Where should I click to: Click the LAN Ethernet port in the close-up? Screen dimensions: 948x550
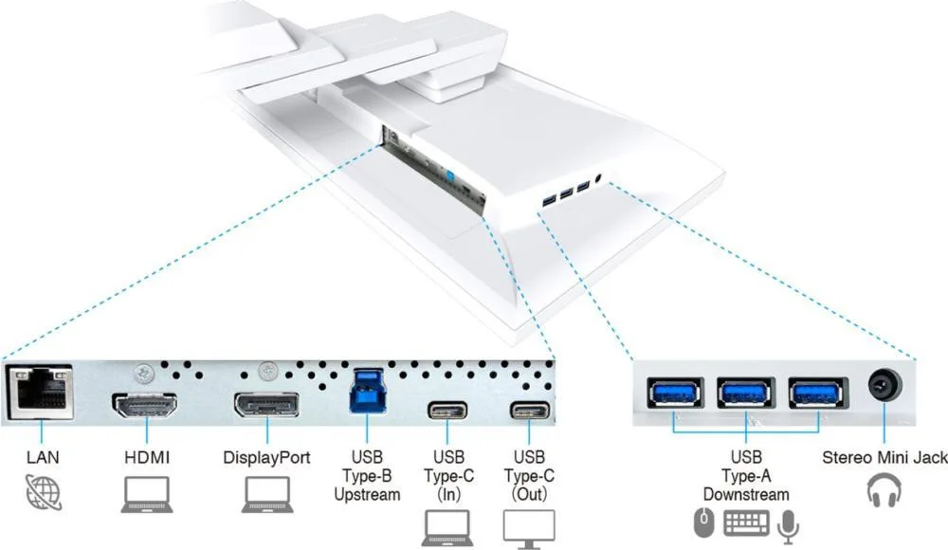tap(40, 392)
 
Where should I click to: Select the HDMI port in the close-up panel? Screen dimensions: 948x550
tap(144, 405)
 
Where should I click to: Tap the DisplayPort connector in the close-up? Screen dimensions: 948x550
tap(266, 405)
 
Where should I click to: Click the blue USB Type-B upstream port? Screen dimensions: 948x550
tap(367, 391)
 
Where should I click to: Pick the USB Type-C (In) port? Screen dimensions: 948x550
tap(447, 411)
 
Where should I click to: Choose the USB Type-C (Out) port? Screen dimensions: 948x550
tap(530, 411)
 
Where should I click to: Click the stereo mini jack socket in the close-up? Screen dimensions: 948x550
tap(885, 385)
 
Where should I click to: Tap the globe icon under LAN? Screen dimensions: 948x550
tap(44, 492)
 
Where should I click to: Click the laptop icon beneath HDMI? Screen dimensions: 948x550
tap(147, 494)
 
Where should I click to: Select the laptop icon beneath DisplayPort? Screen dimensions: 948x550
tap(267, 494)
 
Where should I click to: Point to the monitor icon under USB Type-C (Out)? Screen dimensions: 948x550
tap(529, 529)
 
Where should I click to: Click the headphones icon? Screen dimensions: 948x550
tap(884, 490)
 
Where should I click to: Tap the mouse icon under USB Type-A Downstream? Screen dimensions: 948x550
tap(703, 522)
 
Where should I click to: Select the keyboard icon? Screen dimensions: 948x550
tap(747, 522)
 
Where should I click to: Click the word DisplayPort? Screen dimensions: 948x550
tap(266, 457)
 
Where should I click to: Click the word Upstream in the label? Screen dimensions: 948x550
tap(367, 495)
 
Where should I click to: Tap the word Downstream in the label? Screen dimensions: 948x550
tap(746, 494)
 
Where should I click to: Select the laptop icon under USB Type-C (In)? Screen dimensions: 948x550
tap(447, 528)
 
